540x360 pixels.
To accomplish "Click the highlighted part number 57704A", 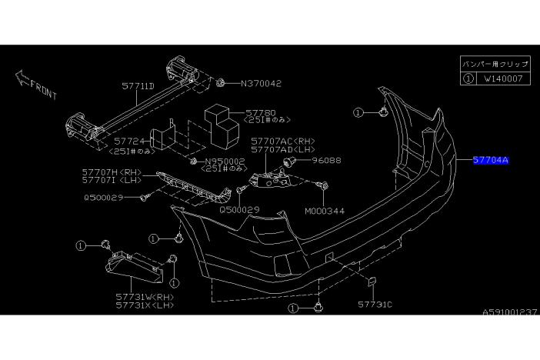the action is (491, 160).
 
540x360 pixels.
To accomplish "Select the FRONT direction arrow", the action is (22, 78).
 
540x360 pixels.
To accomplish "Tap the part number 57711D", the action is (138, 86).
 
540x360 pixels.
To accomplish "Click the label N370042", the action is (261, 83).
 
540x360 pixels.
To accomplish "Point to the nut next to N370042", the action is (221, 82).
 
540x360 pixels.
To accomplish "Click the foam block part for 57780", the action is (222, 125).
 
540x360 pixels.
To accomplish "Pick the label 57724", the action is (129, 141).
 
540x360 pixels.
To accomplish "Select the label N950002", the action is (225, 162).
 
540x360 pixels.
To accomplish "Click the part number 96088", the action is (326, 160).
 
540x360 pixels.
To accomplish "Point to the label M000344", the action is (325, 211).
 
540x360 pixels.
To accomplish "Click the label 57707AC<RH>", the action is (283, 141).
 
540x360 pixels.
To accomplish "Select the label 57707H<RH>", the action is (112, 172).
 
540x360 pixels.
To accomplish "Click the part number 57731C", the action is (375, 305).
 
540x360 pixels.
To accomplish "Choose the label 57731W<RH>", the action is (145, 297).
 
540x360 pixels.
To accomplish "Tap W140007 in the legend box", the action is (503, 78).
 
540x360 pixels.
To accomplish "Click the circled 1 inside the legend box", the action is (468, 78).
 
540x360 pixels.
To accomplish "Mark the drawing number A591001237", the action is (509, 312).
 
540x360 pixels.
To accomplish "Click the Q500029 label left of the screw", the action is (104, 198).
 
